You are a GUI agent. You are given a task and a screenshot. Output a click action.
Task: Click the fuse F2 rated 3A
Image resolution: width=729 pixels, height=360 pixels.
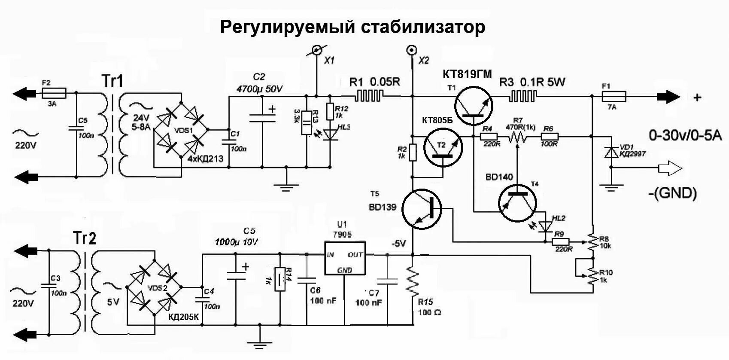click(x=54, y=92)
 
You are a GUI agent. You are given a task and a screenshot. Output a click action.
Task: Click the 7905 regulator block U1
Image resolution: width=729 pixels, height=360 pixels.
click(x=344, y=262)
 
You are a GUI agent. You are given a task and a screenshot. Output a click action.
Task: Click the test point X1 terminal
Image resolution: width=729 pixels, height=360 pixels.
click(x=316, y=50)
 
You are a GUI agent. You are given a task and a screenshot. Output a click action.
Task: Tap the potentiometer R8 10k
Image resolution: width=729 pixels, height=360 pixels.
click(x=592, y=242)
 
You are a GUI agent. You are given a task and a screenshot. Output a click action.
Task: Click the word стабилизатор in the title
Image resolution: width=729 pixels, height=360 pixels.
click(x=422, y=27)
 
